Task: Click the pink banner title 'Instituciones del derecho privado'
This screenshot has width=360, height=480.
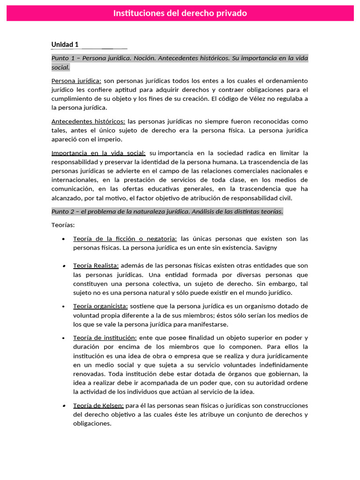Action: tap(180, 13)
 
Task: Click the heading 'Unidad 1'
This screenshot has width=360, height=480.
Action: tap(65, 45)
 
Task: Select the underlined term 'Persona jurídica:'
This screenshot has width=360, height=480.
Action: tap(76, 81)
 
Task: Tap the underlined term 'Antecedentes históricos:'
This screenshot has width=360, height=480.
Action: tap(88, 121)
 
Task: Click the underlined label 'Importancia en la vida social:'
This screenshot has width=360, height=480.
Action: tap(98, 153)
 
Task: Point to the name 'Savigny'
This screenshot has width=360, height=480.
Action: tap(270, 247)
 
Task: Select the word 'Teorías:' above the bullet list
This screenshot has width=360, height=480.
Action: tap(63, 225)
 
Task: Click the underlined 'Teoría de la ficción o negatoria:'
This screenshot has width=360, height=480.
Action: tap(125, 239)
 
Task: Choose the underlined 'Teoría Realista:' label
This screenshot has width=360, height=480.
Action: tap(96, 265)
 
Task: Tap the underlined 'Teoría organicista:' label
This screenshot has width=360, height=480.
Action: tap(100, 306)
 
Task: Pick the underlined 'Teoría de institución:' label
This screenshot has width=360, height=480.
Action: tap(105, 337)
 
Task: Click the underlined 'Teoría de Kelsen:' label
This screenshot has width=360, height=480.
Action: tap(98, 405)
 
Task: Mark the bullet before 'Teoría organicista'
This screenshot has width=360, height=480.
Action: tap(63, 306)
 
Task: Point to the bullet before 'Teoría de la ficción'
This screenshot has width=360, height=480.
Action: tap(63, 239)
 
